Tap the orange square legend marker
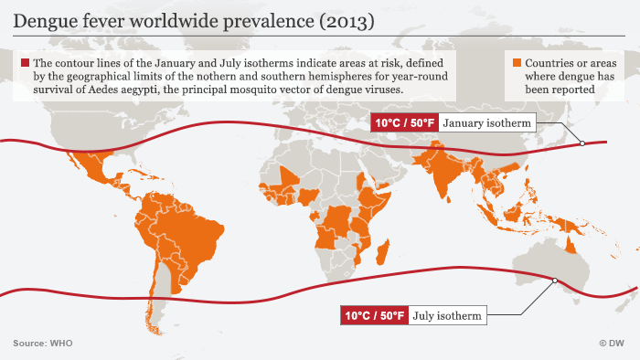(517, 63)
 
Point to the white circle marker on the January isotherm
(581, 143)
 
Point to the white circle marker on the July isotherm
(553, 281)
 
